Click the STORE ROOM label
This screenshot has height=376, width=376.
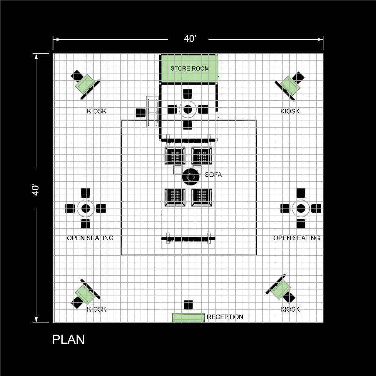[x=189, y=69]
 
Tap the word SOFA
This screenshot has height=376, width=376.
[x=213, y=175]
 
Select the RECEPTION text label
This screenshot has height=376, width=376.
[x=225, y=317]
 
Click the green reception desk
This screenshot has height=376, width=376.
[x=188, y=318]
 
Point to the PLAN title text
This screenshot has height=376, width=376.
[x=69, y=340]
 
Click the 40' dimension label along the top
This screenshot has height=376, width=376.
[x=190, y=38]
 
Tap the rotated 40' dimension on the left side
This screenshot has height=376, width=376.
[x=36, y=190]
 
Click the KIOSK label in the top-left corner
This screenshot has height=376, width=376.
[x=97, y=111]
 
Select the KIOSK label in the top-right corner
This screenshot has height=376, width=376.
[x=290, y=111]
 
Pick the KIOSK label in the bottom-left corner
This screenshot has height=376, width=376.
[x=97, y=309]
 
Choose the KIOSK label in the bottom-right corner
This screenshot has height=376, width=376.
[x=290, y=309]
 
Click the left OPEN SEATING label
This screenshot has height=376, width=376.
[x=90, y=238]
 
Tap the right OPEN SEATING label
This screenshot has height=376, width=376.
[x=297, y=238]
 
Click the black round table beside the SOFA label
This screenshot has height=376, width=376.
[x=191, y=177]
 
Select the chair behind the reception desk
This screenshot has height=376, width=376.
[x=188, y=305]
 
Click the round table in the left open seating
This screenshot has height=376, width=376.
[x=86, y=208]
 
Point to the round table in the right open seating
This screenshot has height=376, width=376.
[x=301, y=208]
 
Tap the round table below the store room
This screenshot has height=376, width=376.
[x=188, y=109]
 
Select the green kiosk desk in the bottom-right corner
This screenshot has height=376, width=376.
[x=281, y=289]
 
